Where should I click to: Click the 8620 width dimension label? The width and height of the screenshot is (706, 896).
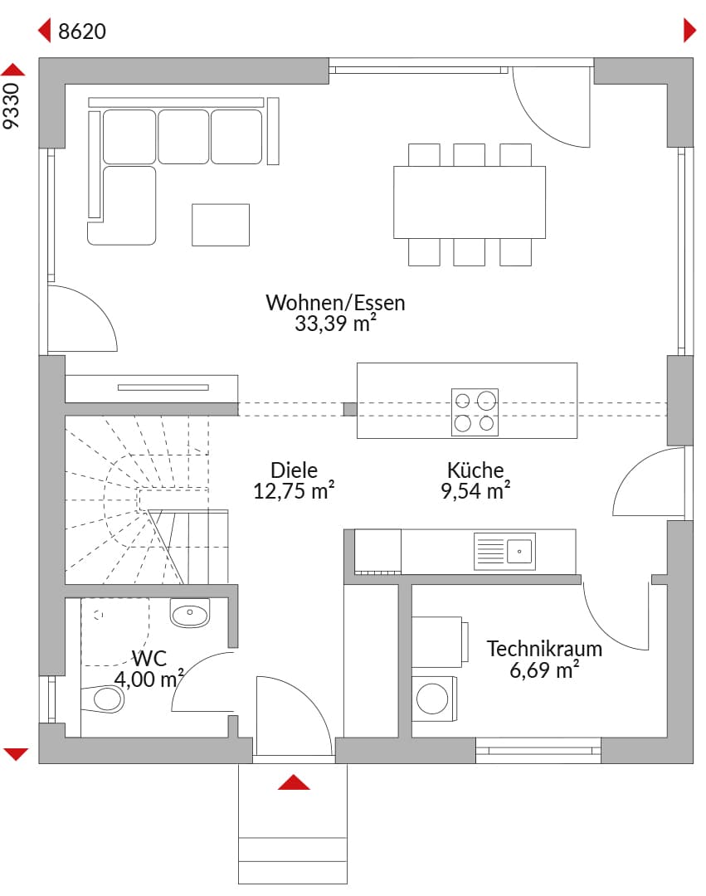(x=81, y=31)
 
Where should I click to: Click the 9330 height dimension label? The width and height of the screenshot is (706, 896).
(x=11, y=105)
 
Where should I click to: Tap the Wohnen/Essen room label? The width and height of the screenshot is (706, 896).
(x=335, y=302)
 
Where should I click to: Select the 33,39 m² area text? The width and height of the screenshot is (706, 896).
(x=335, y=324)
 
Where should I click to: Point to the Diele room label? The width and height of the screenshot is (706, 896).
(x=294, y=470)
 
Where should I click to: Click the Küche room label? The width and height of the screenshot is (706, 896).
(x=475, y=470)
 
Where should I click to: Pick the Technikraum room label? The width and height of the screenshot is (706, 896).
(x=543, y=649)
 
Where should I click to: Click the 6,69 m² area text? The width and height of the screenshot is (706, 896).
(x=543, y=670)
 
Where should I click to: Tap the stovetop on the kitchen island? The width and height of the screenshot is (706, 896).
(x=475, y=412)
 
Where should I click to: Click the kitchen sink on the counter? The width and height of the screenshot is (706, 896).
(x=504, y=552)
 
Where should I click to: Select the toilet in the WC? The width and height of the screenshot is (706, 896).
(x=103, y=699)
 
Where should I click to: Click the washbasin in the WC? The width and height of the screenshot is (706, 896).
(x=190, y=613)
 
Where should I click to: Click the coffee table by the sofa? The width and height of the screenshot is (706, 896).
(x=221, y=225)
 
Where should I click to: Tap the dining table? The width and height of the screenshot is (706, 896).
(x=470, y=202)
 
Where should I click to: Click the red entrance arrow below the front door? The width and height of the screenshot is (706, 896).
(x=294, y=782)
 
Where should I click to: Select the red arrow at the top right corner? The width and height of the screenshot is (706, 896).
(x=690, y=31)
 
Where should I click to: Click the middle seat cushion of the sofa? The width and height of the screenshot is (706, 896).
(x=183, y=137)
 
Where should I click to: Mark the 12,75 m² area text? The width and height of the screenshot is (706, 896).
(x=294, y=491)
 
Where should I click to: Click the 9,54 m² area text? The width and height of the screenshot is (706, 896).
(x=475, y=491)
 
